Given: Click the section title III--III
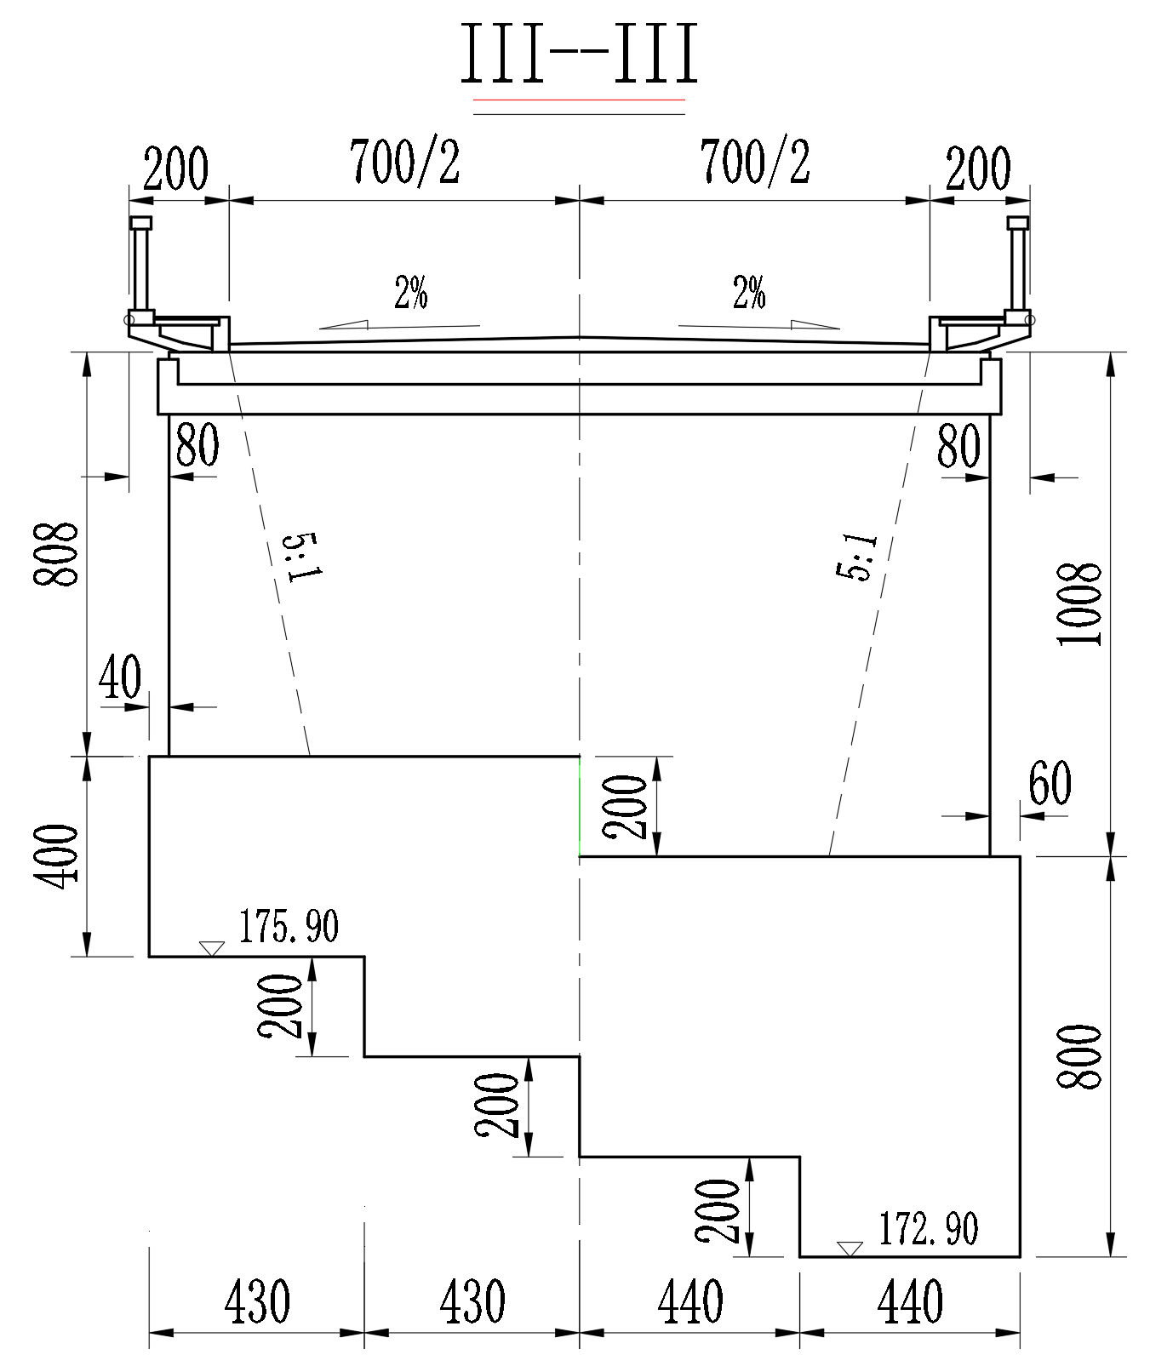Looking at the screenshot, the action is click(x=579, y=53).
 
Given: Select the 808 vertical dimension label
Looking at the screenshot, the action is click(x=55, y=553).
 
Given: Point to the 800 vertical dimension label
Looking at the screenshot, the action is click(x=1078, y=1055).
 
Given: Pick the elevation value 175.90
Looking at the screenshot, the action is click(x=288, y=926).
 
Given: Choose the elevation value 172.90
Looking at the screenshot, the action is click(x=928, y=1228).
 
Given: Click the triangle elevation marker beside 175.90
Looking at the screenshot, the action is click(x=210, y=948).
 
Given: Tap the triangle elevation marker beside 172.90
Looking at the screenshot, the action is click(x=849, y=1249).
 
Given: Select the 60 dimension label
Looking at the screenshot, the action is click(x=1050, y=784).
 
